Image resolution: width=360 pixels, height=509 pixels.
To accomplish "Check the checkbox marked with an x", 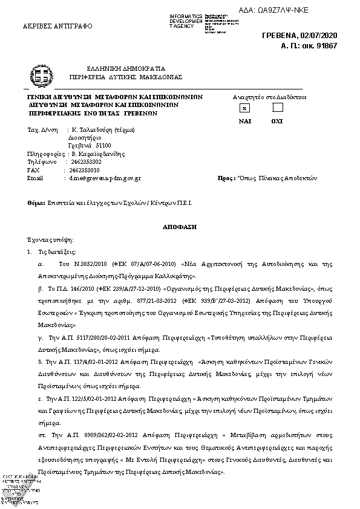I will point(244,108).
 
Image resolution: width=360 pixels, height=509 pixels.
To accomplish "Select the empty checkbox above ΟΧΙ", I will point(278,108).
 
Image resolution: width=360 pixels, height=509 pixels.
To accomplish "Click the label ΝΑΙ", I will point(244,121).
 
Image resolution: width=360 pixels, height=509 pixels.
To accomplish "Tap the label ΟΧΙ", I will point(277,121).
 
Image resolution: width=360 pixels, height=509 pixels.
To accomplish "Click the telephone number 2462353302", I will point(86,162).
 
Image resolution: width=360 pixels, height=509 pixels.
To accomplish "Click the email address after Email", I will point(105,179).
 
